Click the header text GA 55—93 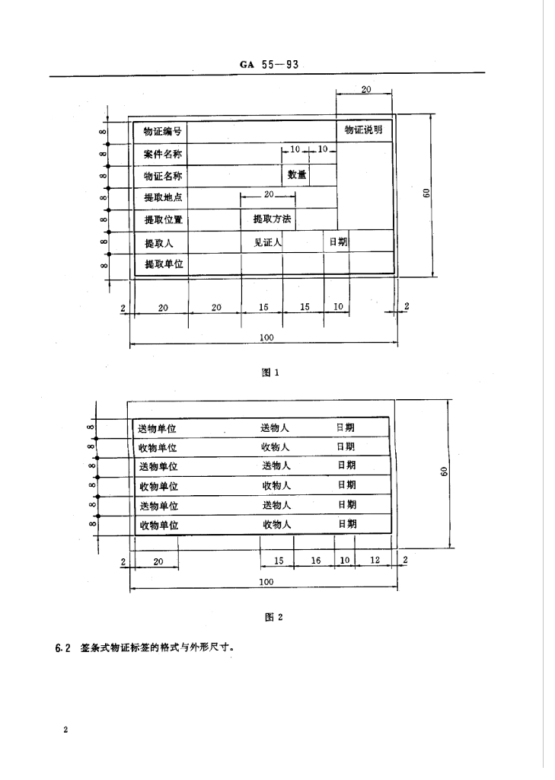coord(267,65)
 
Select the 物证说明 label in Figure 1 coord(364,130)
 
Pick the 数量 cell coord(297,175)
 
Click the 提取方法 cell coord(268,219)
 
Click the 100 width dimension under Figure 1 coord(266,337)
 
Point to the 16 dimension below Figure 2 coord(316,561)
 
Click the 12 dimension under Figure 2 coord(374,561)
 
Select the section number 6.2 coord(62,649)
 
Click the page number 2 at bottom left coord(66,730)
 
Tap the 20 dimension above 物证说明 coord(365,89)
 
